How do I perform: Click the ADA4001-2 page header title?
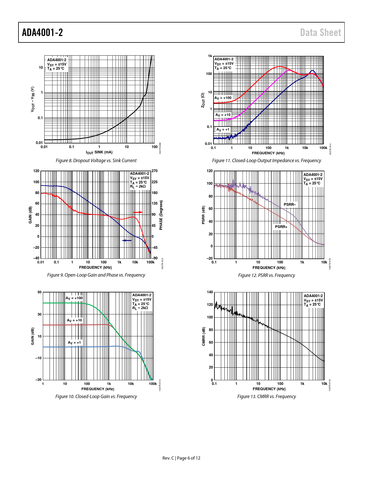[43, 32]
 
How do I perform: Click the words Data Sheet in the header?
[320, 32]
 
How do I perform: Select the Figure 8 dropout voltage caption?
[96, 160]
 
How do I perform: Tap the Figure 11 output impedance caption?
[266, 160]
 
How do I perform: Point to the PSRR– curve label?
[290, 204]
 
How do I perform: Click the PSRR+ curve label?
[281, 227]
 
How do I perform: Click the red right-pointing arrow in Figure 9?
[138, 212]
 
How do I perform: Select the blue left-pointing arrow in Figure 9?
[127, 240]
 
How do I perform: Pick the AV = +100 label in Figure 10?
[74, 298]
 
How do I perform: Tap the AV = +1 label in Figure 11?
[223, 129]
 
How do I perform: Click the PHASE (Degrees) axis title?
[161, 215]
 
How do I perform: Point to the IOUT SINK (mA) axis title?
[99, 152]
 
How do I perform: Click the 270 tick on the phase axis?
[155, 171]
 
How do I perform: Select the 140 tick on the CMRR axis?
[210, 292]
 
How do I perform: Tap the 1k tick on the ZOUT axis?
[210, 56]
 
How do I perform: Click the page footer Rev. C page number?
[181, 458]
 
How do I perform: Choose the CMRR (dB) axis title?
[204, 336]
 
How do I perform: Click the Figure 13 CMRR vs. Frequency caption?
[266, 396]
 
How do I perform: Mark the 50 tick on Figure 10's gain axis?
[40, 292]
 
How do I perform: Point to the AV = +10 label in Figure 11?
[223, 115]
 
